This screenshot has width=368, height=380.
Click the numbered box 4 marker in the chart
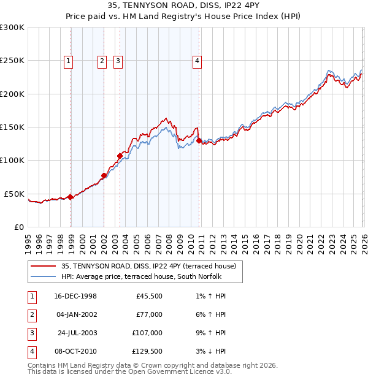click(197, 61)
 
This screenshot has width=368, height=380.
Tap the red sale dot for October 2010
click(199, 141)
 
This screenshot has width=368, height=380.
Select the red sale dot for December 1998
click(71, 197)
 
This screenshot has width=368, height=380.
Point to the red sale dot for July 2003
click(120, 156)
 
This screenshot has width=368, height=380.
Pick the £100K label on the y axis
click(12, 161)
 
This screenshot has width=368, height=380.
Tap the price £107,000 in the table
click(145, 333)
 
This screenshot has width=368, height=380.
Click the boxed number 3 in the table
click(31, 333)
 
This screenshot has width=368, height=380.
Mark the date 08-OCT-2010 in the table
click(76, 351)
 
